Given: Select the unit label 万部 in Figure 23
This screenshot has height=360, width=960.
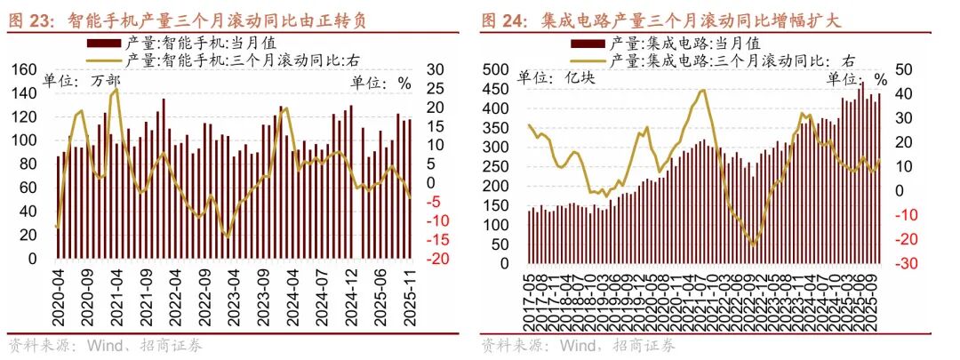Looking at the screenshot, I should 106,82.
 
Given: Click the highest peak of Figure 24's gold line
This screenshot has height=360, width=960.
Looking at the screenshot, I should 703,90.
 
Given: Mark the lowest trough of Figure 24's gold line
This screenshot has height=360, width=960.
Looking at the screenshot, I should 753,245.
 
